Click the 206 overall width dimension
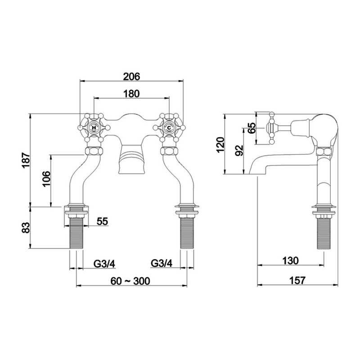coord(131,76)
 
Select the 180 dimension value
coord(131,94)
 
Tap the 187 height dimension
coord(26,160)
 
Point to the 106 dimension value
coord(46,179)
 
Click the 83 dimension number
coord(26,228)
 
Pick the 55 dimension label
coord(102,221)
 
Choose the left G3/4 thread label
coord(104,264)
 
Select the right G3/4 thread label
coord(162,263)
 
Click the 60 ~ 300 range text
coord(130,281)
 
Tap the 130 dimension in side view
coord(290,261)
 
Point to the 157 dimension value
coord(297,280)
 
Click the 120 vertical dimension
coord(220,144)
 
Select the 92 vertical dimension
coord(239,150)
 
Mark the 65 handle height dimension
coord(252,128)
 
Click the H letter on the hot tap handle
coord(94,128)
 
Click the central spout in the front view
coord(131,159)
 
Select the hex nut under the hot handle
coord(94,151)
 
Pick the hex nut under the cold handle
coord(169,151)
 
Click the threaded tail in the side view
coord(324,234)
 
